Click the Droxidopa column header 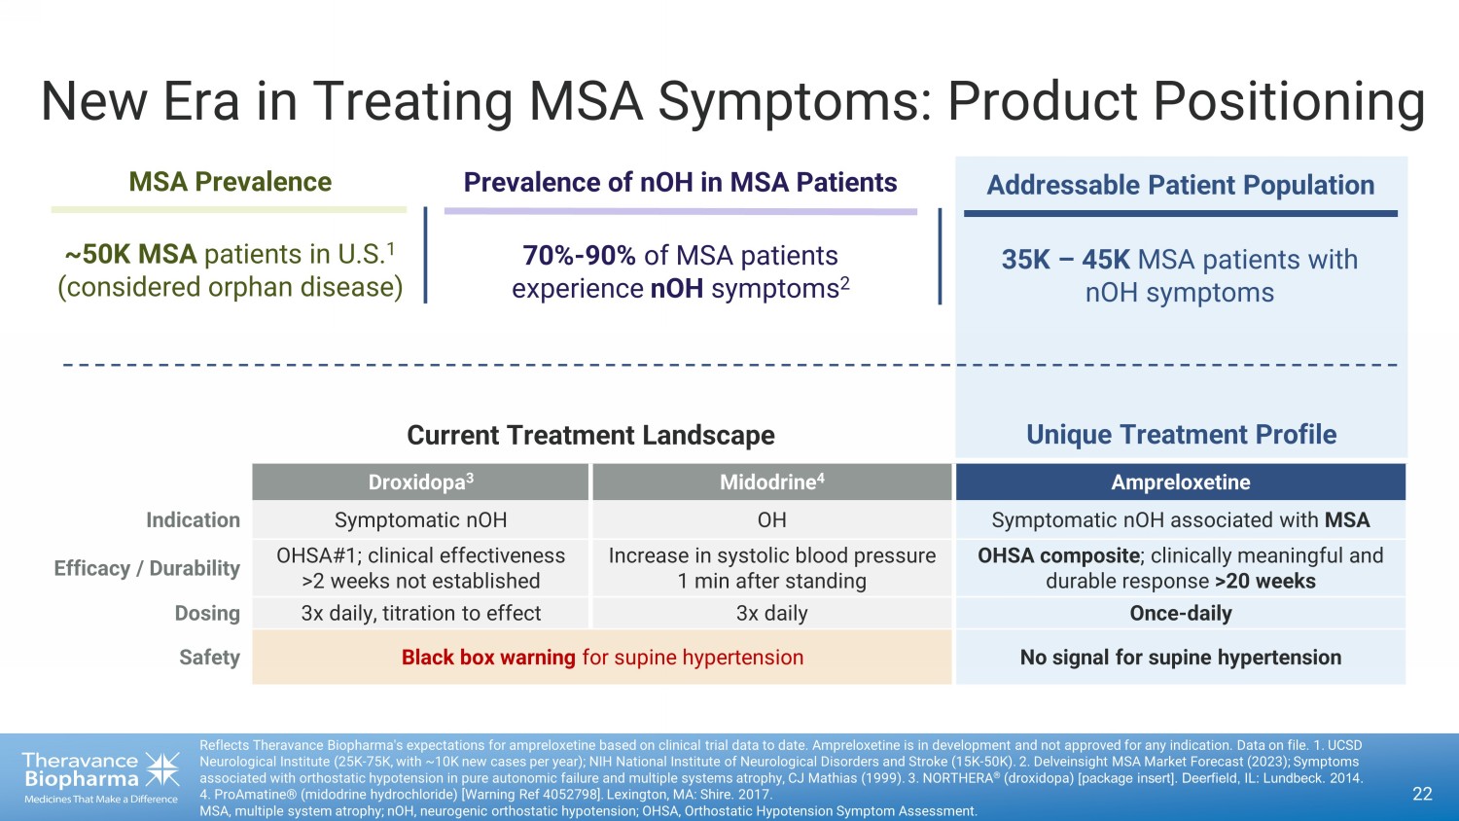[420, 482]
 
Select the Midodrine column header [771, 482]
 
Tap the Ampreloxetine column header [1180, 482]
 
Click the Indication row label [193, 520]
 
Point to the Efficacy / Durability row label [147, 568]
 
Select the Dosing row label [207, 613]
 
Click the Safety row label [209, 658]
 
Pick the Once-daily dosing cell [1180, 613]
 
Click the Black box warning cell [602, 658]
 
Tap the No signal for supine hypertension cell [1180, 658]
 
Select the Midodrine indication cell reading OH [771, 520]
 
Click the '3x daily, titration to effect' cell [420, 613]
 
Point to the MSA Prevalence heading [230, 182]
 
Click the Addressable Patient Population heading [1180, 185]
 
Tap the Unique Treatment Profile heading [1181, 435]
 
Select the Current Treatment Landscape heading [590, 435]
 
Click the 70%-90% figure [579, 256]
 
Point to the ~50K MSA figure [130, 255]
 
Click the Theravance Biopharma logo [101, 775]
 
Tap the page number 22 [1422, 794]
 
